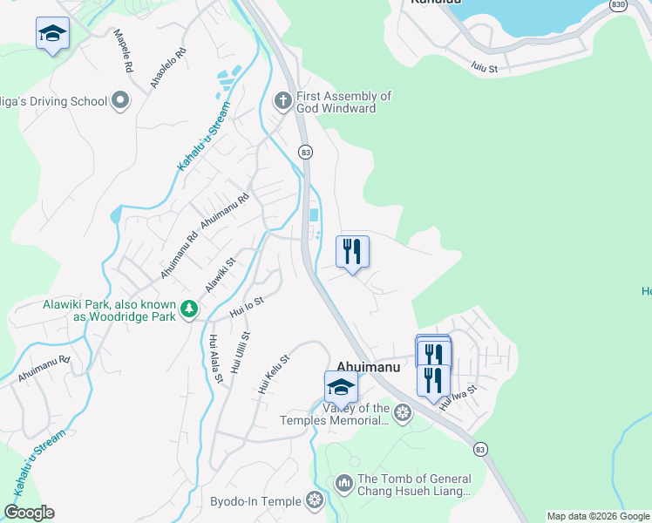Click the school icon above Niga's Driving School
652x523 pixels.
point(52,34)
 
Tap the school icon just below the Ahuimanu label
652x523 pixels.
point(341,386)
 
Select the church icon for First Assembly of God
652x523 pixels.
point(282,101)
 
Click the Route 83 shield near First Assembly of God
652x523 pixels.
point(305,152)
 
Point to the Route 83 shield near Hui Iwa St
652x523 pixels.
point(480,448)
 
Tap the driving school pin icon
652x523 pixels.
point(120,101)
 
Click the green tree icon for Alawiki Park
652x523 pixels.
point(188,309)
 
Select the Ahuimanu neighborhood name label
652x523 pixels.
point(368,367)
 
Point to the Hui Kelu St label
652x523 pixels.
point(274,372)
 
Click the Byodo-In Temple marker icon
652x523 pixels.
point(315,500)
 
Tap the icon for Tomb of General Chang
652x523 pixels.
point(343,482)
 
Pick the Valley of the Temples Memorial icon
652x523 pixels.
point(402,412)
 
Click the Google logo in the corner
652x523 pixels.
point(29,513)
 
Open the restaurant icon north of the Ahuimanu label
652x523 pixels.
point(352,252)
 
